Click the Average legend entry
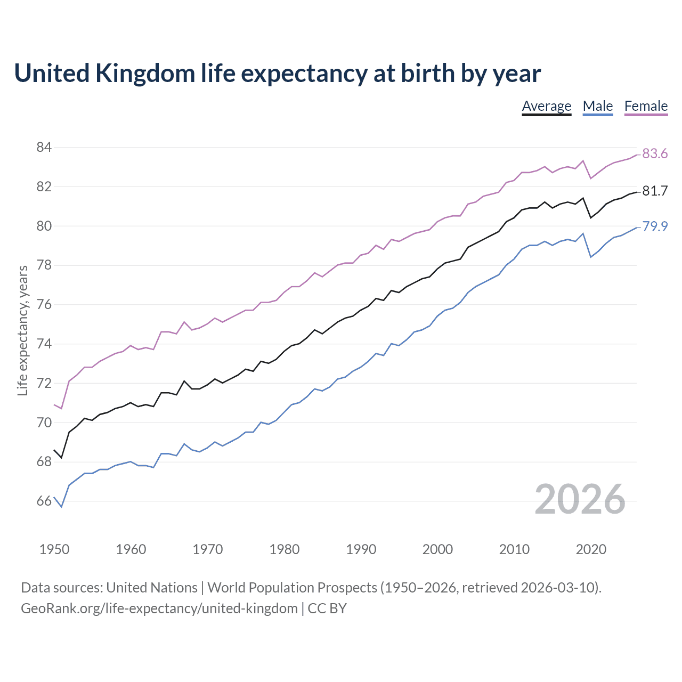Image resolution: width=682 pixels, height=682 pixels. pos(546,106)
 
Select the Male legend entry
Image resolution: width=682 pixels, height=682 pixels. pos(598,106)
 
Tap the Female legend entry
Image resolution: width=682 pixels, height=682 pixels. pos(646,106)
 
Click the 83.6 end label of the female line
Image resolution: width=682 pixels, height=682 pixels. pos(655,154)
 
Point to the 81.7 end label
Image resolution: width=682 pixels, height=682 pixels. pos(655,191)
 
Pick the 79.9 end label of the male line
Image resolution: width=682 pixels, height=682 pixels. pos(655,226)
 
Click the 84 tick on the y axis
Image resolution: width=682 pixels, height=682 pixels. pos(44,147)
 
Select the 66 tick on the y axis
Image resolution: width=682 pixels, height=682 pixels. pos(44,501)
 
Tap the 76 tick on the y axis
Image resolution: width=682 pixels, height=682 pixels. pos(44,305)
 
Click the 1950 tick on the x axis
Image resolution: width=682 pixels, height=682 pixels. pos(54,549)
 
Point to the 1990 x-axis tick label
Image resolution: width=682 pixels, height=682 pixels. pos(361,549)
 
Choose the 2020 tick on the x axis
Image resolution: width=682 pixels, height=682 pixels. pos(591,549)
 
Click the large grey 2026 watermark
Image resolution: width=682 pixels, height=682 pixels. pos(580,499)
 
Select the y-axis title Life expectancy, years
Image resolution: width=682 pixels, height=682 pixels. pos(23,331)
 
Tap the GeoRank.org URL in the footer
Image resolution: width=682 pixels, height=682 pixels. pos(159,608)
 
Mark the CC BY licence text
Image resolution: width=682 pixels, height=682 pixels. pos(327,608)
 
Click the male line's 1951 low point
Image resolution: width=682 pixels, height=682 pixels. pos(62,507)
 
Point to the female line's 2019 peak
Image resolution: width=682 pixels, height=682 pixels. pos(583,160)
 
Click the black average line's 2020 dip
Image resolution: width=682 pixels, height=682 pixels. pos(590,217)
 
